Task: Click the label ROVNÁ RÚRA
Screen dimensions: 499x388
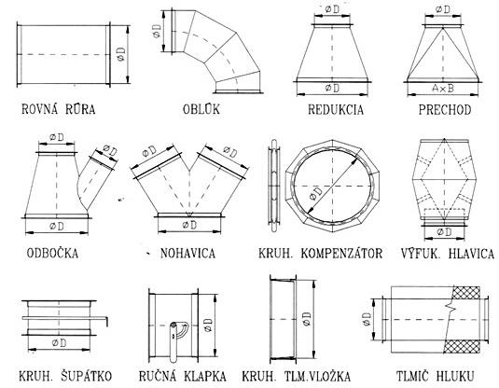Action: [58, 109]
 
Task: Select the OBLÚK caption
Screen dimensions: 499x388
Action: [201, 109]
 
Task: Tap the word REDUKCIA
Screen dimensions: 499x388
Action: [336, 109]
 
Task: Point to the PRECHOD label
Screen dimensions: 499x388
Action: [445, 110]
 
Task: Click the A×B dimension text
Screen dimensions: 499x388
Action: [443, 89]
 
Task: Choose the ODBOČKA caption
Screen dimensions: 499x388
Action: [52, 254]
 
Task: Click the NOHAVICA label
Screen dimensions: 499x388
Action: [187, 254]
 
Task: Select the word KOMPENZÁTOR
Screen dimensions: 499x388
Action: [341, 254]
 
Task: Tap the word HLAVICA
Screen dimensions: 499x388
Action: [471, 254]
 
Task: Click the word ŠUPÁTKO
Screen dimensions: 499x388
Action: [86, 376]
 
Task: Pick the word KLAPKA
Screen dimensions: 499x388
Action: [203, 376]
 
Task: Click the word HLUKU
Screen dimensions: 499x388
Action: [457, 376]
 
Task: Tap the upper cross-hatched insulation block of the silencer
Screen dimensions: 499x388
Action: [466, 293]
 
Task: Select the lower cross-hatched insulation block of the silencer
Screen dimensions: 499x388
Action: [462, 346]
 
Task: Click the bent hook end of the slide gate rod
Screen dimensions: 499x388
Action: [106, 321]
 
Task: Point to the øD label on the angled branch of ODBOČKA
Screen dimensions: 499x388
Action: [110, 150]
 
